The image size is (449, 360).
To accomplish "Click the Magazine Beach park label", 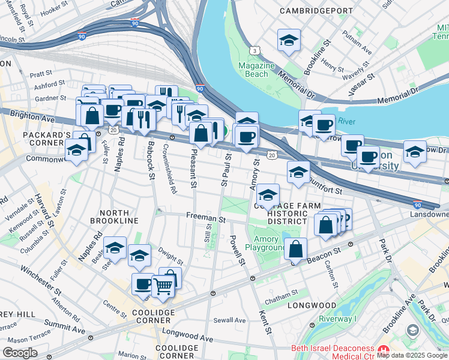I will pyautogui.click(x=256, y=70).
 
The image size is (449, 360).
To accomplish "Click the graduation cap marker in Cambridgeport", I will pyautogui.click(x=289, y=41).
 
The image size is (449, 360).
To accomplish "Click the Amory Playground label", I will pyautogui.click(x=265, y=243).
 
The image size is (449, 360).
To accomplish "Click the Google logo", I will pyautogui.click(x=20, y=352).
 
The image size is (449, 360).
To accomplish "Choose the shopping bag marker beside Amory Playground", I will pyautogui.click(x=296, y=249).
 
